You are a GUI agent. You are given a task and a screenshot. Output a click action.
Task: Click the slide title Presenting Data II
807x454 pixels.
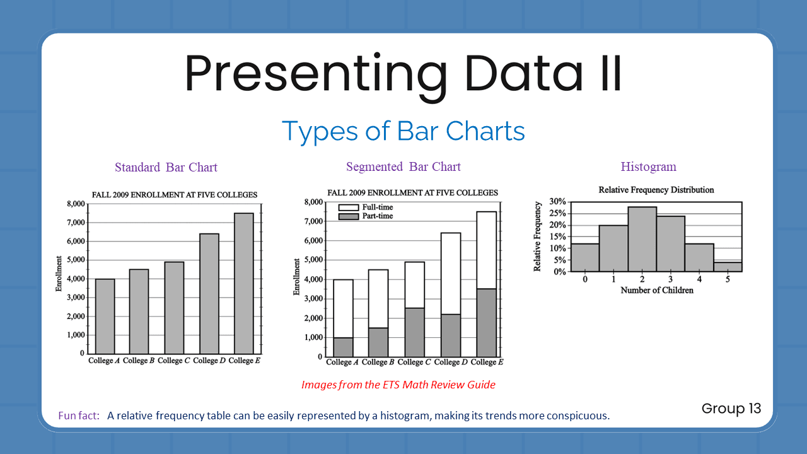coord(403,74)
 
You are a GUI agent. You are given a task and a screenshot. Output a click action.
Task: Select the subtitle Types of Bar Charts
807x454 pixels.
coord(403,131)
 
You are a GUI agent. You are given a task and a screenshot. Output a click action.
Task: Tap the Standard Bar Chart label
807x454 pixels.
coord(166,168)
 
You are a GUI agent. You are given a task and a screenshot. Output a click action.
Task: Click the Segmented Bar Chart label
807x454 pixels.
coord(403,167)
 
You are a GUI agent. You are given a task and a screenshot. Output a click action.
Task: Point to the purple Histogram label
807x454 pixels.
coord(648,167)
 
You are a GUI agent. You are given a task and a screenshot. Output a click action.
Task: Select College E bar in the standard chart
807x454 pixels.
coord(243,284)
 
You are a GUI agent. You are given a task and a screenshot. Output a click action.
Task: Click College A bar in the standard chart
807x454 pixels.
coord(105,315)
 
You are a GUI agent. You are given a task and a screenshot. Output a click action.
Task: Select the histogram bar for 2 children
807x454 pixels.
coord(642,240)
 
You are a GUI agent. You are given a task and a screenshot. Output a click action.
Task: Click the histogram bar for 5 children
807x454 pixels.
coord(728,267)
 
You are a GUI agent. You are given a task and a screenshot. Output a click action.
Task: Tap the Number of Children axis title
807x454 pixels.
coord(656,291)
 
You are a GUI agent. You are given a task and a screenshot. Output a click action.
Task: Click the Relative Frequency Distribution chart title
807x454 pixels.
coord(656,190)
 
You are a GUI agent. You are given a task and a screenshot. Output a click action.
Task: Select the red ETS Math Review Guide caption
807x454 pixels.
coord(398,385)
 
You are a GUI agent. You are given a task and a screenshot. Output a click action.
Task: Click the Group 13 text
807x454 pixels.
coord(731,409)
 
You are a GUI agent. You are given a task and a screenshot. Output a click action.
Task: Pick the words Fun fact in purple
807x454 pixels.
coord(79,416)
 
